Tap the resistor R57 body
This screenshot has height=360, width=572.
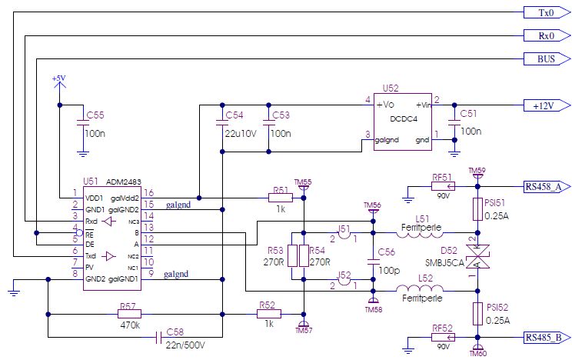(129, 313)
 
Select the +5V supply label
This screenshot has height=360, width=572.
(58, 79)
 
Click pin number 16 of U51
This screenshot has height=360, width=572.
(150, 192)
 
